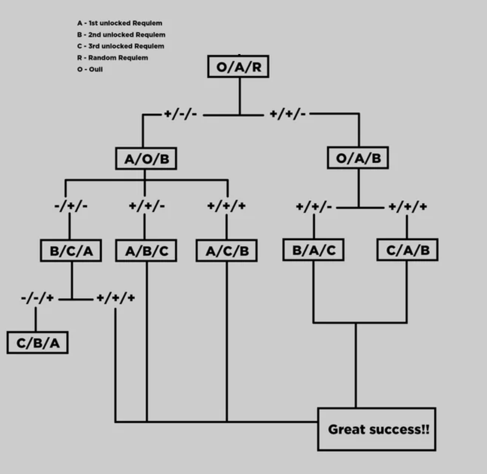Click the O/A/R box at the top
coord(238,67)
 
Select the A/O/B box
coord(146,159)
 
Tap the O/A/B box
coord(358,158)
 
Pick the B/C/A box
coord(71,250)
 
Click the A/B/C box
coord(146,250)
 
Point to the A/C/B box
coord(227,250)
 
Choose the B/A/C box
coord(314,249)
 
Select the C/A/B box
coord(407,249)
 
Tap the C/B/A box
coord(37,343)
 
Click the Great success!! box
coord(377,429)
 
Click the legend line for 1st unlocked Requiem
coord(120,23)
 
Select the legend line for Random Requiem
coord(113,58)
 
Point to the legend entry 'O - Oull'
coord(90,69)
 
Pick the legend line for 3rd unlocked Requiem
coord(121,46)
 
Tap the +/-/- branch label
coord(181,114)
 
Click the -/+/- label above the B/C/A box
coord(71,206)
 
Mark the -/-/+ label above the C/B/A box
coord(38,298)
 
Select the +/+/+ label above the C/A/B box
coord(407,206)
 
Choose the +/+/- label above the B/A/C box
coord(314,206)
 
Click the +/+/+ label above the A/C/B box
coord(227,206)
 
